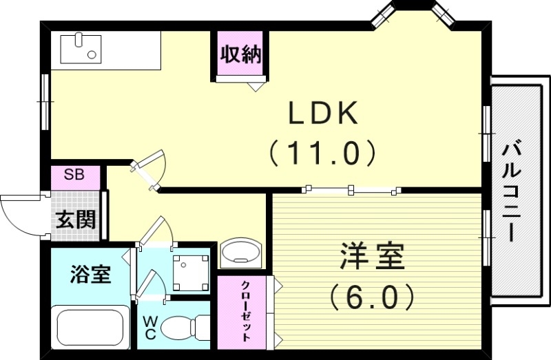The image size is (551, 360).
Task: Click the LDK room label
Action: (323, 114)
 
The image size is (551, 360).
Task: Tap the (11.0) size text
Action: (322, 153)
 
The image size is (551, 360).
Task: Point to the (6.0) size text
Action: (372, 297)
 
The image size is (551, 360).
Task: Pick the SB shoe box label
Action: (74, 175)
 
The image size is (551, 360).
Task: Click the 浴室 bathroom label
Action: (90, 275)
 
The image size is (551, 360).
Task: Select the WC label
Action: (150, 328)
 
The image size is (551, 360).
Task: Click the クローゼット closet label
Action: (245, 312)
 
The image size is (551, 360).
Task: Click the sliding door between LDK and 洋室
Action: (352, 188)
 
